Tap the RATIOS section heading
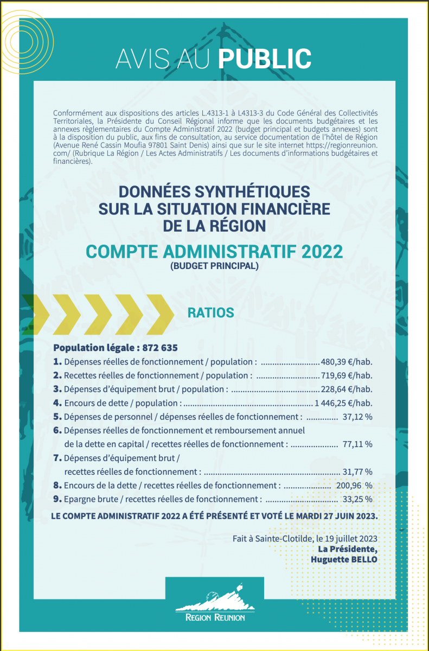pyautogui.click(x=210, y=313)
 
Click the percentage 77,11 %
pyautogui.click(x=357, y=444)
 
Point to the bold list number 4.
pyautogui.click(x=57, y=403)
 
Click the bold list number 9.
pyautogui.click(x=57, y=499)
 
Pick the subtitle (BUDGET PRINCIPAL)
pyautogui.click(x=214, y=266)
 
